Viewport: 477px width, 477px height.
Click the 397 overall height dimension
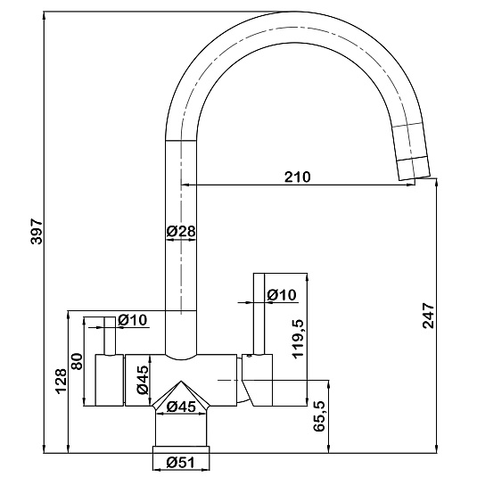point(37,231)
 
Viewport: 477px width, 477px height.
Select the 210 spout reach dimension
point(298,177)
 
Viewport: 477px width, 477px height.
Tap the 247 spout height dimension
point(428,315)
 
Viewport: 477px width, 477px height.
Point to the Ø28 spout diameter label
point(181,232)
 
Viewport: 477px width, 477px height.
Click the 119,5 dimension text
point(298,339)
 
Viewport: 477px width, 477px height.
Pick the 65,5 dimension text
point(319,415)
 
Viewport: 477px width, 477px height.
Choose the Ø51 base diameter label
point(180,463)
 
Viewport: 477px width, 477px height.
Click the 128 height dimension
point(61,382)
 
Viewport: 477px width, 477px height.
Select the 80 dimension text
point(77,361)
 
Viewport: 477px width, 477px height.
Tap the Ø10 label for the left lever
point(132,320)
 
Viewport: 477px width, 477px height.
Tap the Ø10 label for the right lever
point(282,294)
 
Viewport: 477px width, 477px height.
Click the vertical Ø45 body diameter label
point(143,380)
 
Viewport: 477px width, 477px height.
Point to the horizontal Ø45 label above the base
point(181,407)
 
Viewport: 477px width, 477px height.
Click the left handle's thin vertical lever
point(110,335)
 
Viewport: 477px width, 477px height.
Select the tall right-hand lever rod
point(259,314)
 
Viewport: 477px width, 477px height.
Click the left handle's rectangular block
point(110,380)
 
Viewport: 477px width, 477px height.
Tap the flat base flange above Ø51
point(181,449)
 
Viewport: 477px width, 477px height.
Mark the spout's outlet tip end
point(415,178)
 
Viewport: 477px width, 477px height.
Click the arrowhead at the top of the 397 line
point(45,16)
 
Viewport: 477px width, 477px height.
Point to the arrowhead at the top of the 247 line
point(437,183)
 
